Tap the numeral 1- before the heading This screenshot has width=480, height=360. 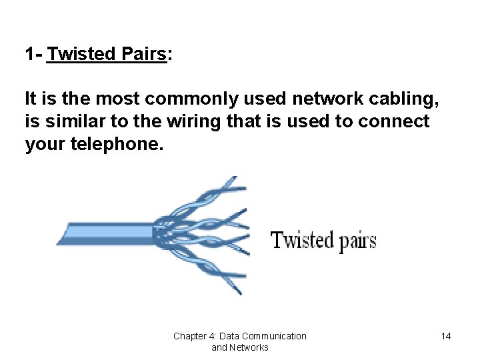pyautogui.click(x=33, y=54)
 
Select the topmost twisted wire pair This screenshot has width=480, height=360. pyautogui.click(x=220, y=190)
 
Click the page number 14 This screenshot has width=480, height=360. pyautogui.click(x=446, y=336)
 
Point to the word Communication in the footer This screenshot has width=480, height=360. pyautogui.click(x=274, y=336)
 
